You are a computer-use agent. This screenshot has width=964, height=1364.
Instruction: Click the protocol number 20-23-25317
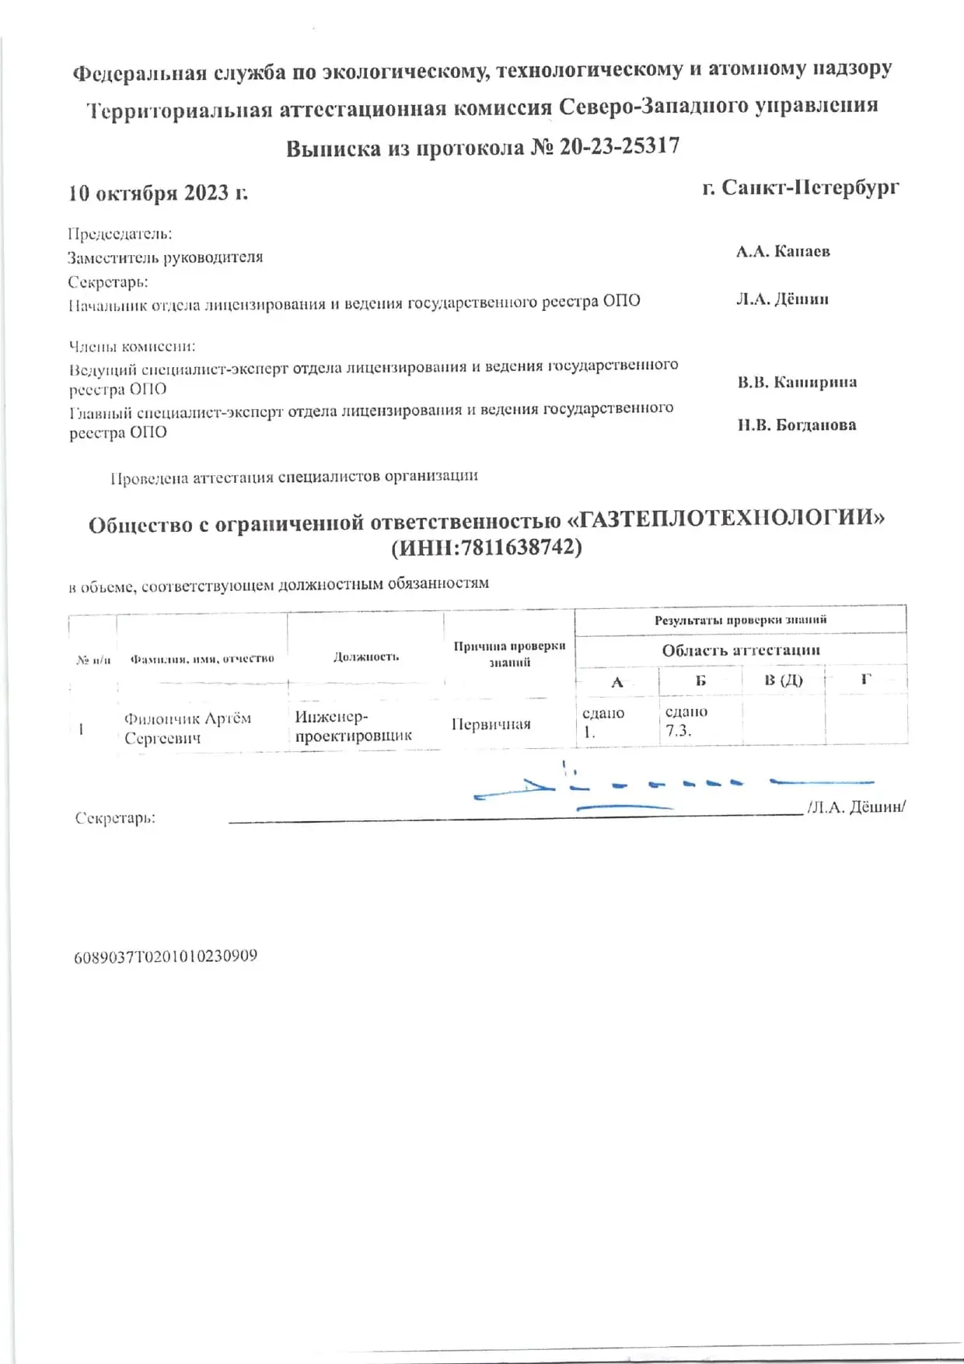pos(619,146)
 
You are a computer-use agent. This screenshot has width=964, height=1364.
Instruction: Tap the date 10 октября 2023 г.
pos(158,193)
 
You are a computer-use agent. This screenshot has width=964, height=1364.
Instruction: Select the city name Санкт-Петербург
pos(810,187)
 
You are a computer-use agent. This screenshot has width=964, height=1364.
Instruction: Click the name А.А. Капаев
pos(783,251)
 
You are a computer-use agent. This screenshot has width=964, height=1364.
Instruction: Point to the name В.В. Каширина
pos(797,382)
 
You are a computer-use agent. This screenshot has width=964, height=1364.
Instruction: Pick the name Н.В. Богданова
pos(797,425)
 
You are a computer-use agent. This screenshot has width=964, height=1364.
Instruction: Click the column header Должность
pos(365,657)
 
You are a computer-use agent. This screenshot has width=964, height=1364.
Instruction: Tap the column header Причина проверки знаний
pos(509,654)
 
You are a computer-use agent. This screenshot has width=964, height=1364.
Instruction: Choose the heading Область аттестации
pos(741,650)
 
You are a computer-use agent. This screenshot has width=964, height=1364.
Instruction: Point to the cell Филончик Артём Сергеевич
pos(187,728)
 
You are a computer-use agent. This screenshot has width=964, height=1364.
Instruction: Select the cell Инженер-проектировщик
pos(353,726)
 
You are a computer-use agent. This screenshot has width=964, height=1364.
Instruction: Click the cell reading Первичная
pos(491,725)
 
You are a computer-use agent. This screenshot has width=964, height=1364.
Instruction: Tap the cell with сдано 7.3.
pos(686,721)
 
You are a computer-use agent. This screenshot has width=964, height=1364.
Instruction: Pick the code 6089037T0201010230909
pos(166,957)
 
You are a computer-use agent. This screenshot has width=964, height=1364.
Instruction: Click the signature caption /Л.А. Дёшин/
pos(856,806)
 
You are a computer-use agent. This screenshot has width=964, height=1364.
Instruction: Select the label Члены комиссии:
pos(131,346)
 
